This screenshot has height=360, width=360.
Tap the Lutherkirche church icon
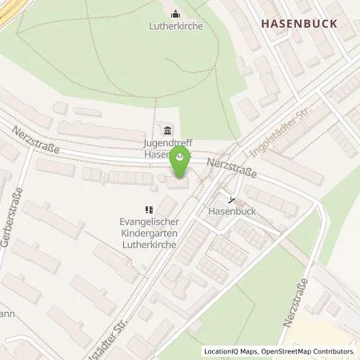[175, 13]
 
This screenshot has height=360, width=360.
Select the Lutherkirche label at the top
[175, 26]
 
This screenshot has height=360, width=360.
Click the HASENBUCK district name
[298, 25]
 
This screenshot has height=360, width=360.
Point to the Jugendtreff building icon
[167, 130]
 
